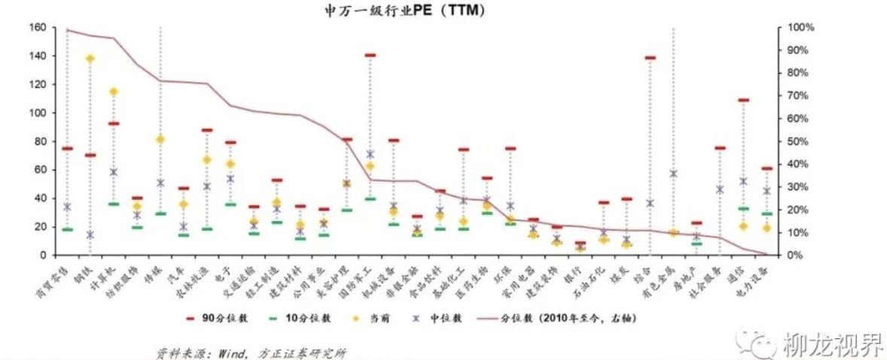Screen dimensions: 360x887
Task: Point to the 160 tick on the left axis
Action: point(35,28)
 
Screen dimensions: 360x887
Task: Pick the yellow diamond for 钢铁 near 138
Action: point(90,59)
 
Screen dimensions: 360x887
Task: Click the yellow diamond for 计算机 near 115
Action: point(114,92)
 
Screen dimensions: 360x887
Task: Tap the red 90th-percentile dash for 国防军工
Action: point(370,55)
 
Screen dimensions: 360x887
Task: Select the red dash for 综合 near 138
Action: point(650,58)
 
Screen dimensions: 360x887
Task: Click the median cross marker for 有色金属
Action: point(673,174)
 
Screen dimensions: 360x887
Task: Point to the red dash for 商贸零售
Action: point(67,148)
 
